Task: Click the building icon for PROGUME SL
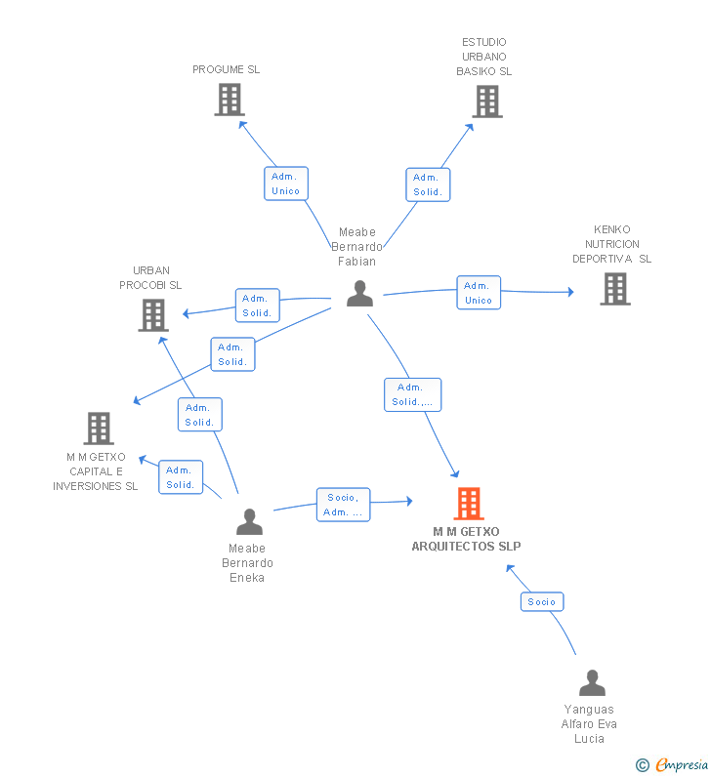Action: tap(229, 100)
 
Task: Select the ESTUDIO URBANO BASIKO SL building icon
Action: tap(486, 101)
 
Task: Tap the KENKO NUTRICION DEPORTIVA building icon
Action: tap(614, 289)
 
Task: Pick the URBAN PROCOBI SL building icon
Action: tap(153, 315)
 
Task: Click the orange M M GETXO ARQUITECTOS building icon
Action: tap(469, 504)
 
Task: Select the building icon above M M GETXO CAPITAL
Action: tap(99, 428)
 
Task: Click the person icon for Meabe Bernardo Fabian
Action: tap(359, 294)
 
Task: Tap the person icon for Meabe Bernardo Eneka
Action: tap(249, 521)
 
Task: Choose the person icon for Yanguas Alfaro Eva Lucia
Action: tap(592, 682)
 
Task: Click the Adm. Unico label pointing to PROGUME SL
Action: tap(286, 184)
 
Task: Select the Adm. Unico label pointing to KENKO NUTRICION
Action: tap(479, 293)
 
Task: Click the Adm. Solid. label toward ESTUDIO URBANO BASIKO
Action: tap(428, 184)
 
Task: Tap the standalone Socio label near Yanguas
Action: tap(542, 601)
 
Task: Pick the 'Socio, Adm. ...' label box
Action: tap(343, 505)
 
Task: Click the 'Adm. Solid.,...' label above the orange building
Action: tap(412, 394)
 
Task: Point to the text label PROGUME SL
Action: tap(226, 69)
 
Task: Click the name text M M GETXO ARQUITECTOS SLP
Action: tap(466, 539)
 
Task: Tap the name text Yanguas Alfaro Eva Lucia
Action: tap(590, 723)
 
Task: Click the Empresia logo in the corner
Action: tap(681, 764)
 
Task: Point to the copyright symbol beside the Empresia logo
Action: tap(643, 765)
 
